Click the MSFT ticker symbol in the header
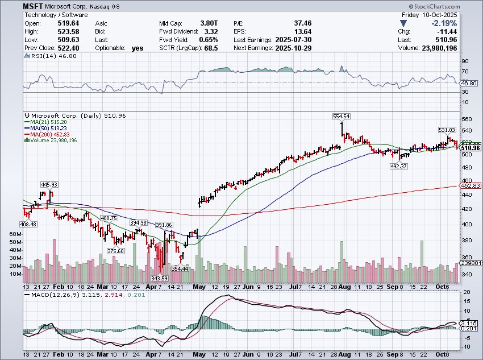click(x=32, y=6)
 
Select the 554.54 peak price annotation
click(x=341, y=116)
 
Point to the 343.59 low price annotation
click(x=160, y=278)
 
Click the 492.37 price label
click(x=398, y=166)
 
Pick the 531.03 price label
click(x=447, y=130)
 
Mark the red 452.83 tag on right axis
click(x=473, y=186)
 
